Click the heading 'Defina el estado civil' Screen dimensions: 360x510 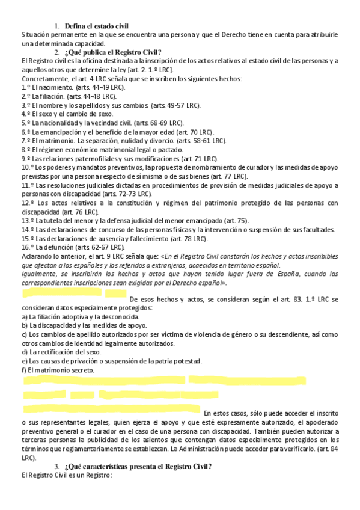pyautogui.click(x=97, y=26)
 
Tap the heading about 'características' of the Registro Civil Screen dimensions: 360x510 pyautogui.click(x=138, y=467)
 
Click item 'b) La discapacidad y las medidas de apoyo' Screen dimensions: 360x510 pyautogui.click(x=88, y=325)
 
